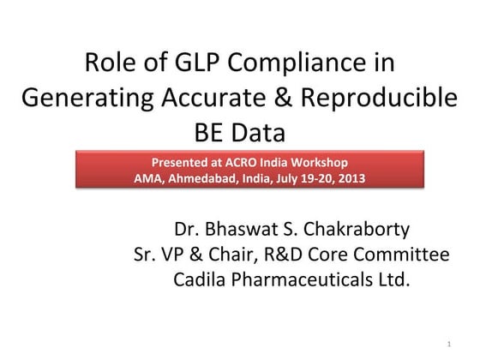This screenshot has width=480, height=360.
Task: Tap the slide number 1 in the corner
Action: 448,345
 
